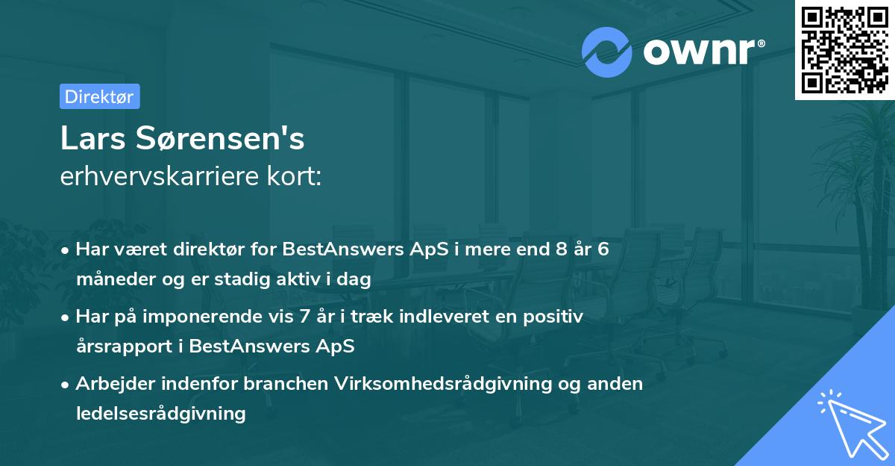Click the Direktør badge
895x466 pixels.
[x=99, y=96]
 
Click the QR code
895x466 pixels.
[x=845, y=49]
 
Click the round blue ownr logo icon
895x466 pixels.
[x=607, y=52]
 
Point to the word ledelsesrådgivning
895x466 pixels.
[x=160, y=413]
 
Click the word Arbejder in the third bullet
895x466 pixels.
[x=111, y=384]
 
